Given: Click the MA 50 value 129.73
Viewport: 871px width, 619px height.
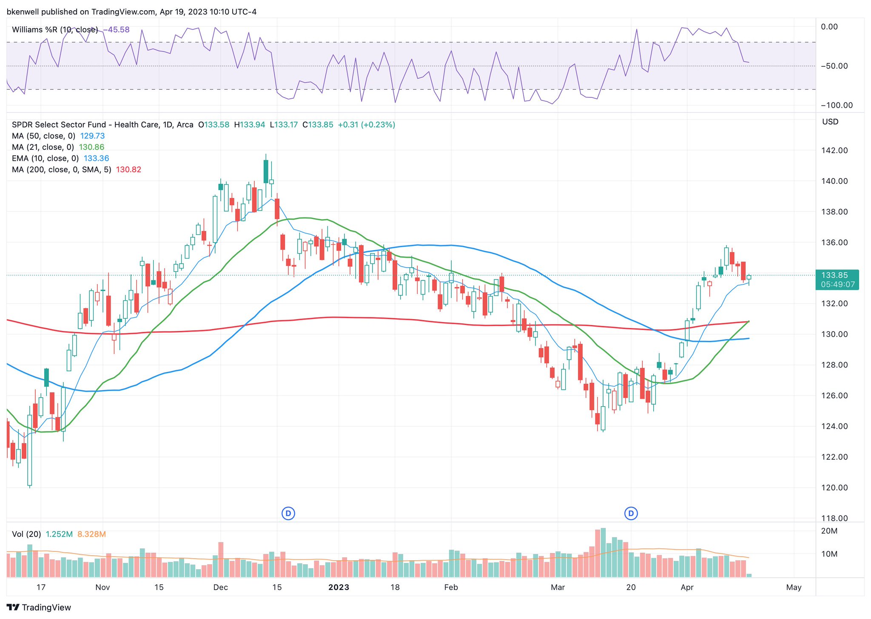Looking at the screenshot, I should point(92,136).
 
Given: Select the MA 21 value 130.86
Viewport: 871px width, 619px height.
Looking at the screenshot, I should point(91,147).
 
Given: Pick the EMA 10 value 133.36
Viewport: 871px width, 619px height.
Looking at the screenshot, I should point(96,158).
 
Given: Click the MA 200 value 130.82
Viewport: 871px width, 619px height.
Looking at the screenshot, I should point(128,170).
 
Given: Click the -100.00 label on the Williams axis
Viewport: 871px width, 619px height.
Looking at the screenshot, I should point(836,106).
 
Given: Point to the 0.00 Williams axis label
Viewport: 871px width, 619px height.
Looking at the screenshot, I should point(829,27).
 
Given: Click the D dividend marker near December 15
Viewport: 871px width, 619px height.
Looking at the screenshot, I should point(288,513).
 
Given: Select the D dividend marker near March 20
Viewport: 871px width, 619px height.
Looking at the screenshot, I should point(631,513).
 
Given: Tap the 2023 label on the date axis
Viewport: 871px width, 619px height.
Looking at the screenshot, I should point(339,588).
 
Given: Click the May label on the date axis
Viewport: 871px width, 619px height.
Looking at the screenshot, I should point(794,588).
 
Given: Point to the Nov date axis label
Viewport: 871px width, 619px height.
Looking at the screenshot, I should point(102,588).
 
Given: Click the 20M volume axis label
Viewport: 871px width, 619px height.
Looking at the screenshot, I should point(829,531).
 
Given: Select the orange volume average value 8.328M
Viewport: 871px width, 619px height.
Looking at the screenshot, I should point(91,534).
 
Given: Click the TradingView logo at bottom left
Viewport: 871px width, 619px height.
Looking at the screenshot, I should point(39,608).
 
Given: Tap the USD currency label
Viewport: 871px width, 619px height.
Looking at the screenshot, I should point(830,122).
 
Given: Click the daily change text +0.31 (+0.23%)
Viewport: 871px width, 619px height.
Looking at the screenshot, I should point(366,125).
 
